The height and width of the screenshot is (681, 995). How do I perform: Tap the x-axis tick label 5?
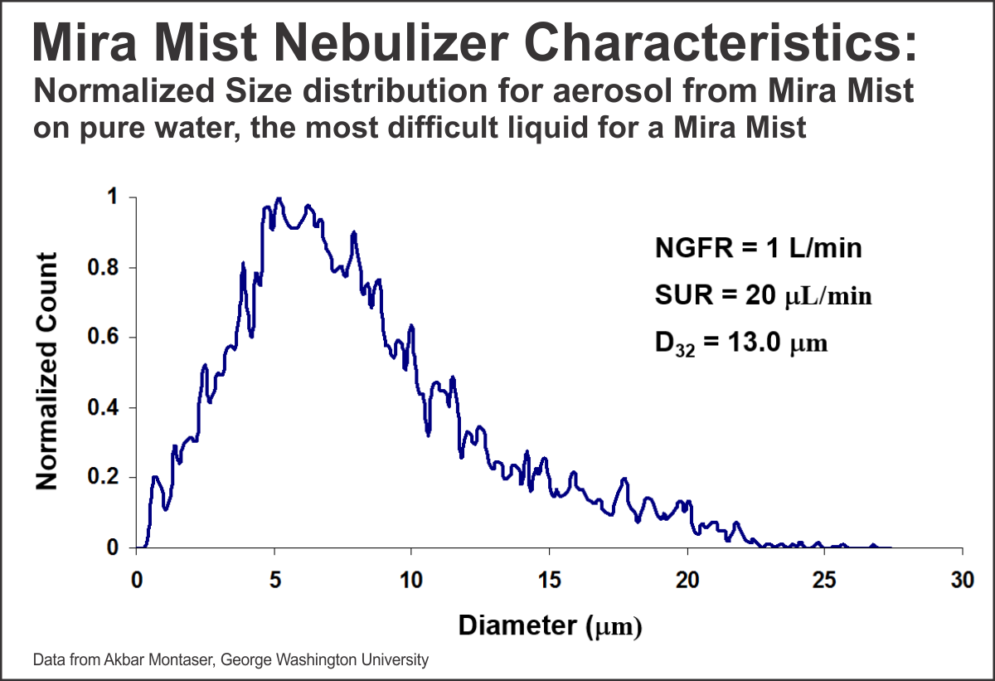(x=274, y=580)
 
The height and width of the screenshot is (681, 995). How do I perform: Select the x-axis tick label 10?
(x=411, y=580)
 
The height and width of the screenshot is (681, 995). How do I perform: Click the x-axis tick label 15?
(x=549, y=580)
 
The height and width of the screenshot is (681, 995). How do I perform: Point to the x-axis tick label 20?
(x=687, y=580)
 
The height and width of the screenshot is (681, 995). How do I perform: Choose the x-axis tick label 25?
(x=824, y=580)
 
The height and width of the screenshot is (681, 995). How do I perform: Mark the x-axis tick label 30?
(x=962, y=580)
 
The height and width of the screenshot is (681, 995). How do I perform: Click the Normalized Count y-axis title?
(x=47, y=371)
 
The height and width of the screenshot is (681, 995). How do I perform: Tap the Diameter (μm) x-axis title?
(x=550, y=625)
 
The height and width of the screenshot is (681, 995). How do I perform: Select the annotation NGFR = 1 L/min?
(x=759, y=248)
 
